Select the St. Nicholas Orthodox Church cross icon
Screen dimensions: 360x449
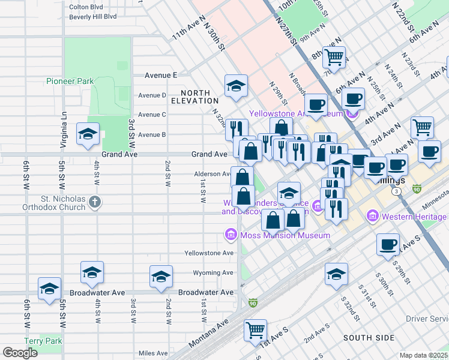(94, 202)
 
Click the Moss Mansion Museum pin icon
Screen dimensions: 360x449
(231, 235)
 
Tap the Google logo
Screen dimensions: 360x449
(20, 353)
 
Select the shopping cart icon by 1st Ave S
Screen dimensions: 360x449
(255, 329)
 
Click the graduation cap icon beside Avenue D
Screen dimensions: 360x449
(237, 86)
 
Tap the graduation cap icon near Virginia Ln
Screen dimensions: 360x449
(88, 134)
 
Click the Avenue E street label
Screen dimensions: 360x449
(161, 76)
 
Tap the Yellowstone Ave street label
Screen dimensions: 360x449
(209, 253)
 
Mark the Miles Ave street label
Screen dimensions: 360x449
(152, 353)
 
